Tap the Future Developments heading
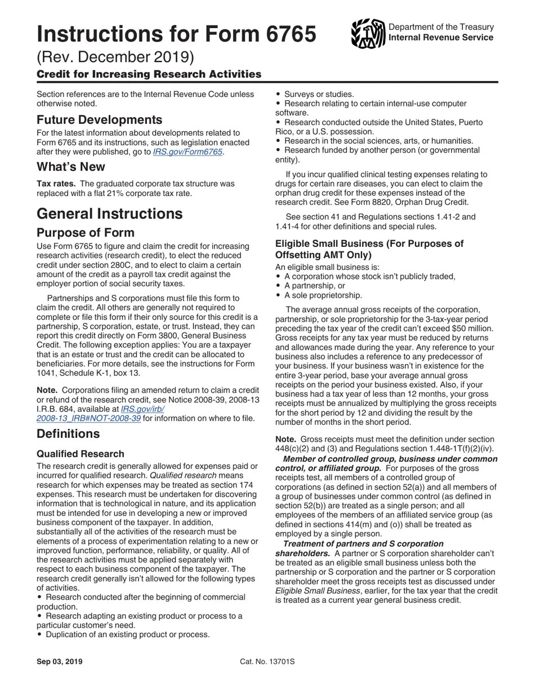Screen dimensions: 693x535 pos(99,120)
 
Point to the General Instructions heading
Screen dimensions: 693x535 pos(109,214)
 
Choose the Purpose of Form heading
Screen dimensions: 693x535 pos(86,233)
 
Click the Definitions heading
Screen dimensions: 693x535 pos(68,434)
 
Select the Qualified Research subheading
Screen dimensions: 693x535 pos(81,454)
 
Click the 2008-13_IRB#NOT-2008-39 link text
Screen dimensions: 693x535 pos(88,418)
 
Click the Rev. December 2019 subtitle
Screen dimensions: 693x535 pos(115,57)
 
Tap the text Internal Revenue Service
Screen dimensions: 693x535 pos(441,37)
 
